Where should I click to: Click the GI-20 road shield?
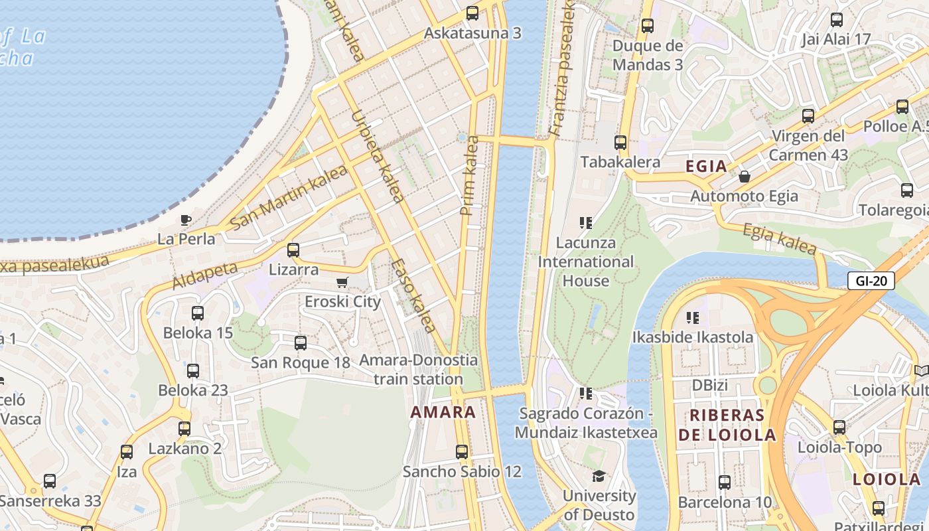[871, 281]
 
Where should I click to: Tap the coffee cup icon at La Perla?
[186, 220]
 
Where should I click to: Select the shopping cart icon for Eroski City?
[342, 283]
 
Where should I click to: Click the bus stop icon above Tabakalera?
[620, 142]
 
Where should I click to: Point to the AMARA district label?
[443, 412]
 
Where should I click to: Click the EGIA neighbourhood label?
[707, 166]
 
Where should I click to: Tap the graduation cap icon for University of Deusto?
[599, 477]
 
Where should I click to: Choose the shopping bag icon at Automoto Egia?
[745, 177]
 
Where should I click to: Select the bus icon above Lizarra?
[293, 250]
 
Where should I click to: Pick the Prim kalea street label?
[470, 176]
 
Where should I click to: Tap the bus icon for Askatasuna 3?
[472, 13]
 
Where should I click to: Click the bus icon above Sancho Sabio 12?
[462, 452]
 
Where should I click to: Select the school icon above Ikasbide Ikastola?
[693, 318]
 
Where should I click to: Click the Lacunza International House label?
[585, 262]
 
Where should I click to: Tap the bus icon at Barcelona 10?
[725, 483]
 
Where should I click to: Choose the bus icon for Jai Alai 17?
[837, 20]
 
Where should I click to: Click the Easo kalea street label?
[413, 295]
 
